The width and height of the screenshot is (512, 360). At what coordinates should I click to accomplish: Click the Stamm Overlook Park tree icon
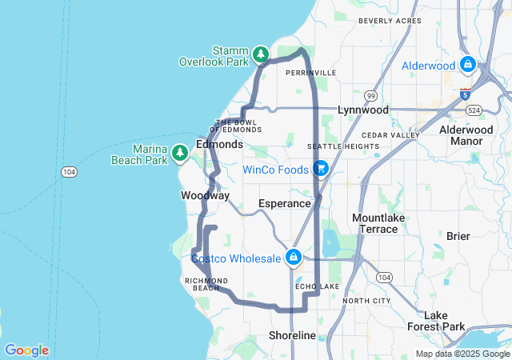(x=260, y=54)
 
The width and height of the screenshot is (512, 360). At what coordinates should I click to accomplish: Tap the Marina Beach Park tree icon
(x=180, y=152)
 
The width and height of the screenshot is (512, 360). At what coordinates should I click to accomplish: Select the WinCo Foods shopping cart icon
(x=320, y=168)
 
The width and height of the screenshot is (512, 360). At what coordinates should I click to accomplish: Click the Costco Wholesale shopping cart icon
(x=294, y=257)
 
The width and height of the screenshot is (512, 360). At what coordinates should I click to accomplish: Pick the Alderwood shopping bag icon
(x=467, y=65)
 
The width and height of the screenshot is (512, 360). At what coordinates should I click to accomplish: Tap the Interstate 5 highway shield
(x=465, y=94)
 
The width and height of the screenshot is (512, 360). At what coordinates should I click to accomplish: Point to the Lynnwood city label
(x=362, y=110)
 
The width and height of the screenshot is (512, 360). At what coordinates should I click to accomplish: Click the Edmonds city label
(x=219, y=145)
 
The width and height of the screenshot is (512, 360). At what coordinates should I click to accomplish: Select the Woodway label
(x=206, y=196)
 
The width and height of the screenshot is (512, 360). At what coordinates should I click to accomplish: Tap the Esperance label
(x=284, y=204)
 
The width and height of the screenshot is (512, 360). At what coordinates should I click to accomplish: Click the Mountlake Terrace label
(x=374, y=223)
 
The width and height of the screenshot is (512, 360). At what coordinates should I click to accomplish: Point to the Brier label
(x=458, y=236)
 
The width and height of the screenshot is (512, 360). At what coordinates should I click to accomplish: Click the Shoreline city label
(x=292, y=335)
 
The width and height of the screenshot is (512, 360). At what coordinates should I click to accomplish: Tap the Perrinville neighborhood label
(x=310, y=73)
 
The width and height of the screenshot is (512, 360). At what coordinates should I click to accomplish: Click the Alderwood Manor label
(x=461, y=135)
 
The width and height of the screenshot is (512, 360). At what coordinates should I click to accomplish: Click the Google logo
(x=26, y=350)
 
